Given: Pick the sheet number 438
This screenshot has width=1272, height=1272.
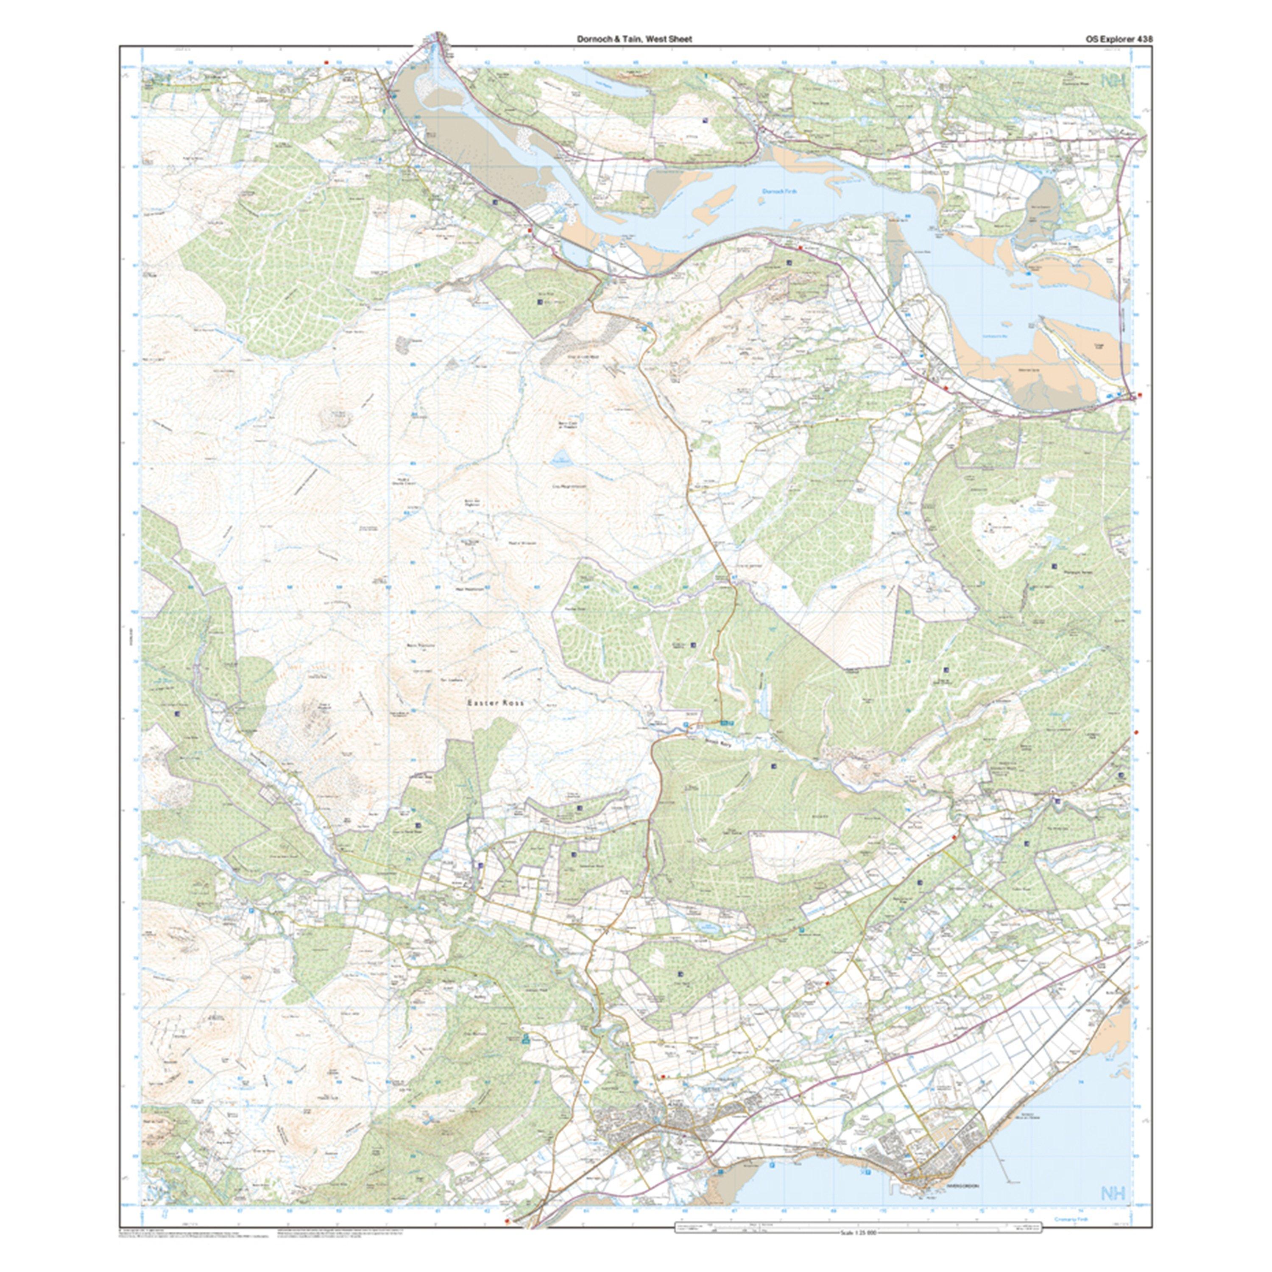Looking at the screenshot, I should point(1144,39).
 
